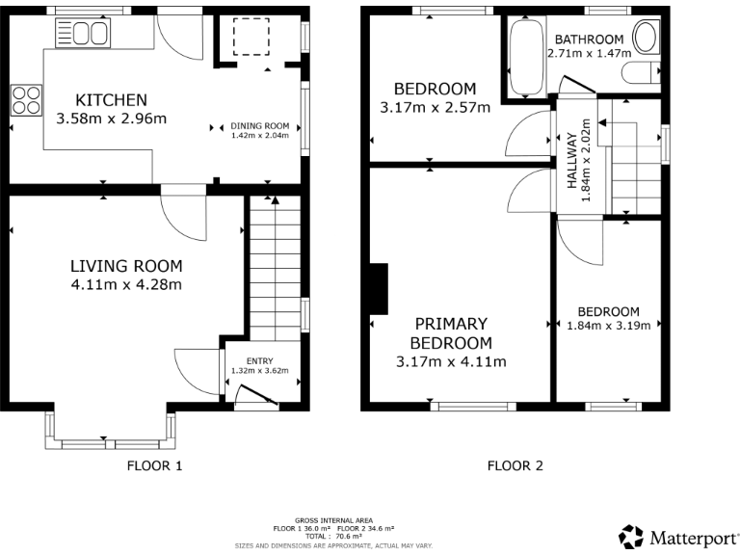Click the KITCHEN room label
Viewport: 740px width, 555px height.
tap(111, 99)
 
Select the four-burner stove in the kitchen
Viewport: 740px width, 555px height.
tap(26, 99)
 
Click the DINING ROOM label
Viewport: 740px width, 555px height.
tap(259, 125)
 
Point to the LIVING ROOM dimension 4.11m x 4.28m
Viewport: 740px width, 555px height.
tap(126, 284)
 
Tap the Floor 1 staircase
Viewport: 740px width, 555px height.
tap(275, 265)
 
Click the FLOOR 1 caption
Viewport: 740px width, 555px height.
tap(154, 466)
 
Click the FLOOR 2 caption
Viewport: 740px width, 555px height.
tap(515, 466)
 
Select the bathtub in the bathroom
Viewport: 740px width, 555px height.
tap(525, 57)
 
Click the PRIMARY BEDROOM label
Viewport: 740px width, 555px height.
tap(451, 333)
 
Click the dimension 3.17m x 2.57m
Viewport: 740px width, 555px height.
tap(436, 107)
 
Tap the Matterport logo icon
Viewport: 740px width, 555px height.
tap(630, 536)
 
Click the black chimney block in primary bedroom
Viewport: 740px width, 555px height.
tap(380, 289)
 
